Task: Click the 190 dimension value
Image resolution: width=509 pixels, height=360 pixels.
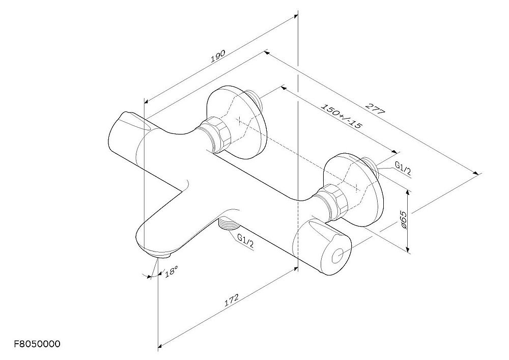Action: coord(218,56)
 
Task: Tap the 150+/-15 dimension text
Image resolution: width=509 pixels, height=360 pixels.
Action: coord(341,116)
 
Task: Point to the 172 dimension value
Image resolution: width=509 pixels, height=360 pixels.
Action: coord(232,300)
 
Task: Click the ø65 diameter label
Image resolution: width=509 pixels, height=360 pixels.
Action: coord(404,219)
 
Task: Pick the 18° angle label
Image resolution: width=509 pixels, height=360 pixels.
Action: coord(172,271)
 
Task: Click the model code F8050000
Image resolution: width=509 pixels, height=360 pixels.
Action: coord(37,344)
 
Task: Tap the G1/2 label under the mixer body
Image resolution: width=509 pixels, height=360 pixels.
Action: coord(246,241)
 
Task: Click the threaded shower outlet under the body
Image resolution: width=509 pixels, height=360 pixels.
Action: coord(228,224)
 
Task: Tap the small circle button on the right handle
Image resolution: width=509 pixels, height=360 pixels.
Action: coord(338,256)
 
